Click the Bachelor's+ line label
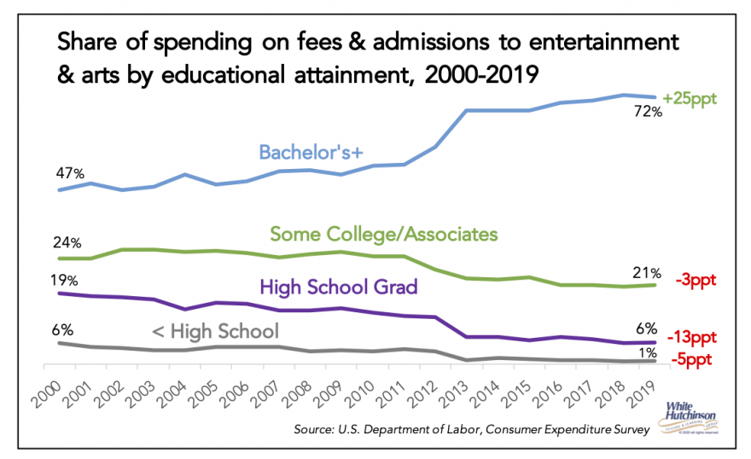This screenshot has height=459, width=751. (x=311, y=151)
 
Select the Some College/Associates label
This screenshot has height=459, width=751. (x=383, y=233)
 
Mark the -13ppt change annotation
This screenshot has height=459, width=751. (x=691, y=337)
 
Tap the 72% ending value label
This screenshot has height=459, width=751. (x=647, y=112)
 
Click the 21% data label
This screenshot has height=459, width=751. (x=646, y=273)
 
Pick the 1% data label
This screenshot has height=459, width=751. (x=648, y=351)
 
